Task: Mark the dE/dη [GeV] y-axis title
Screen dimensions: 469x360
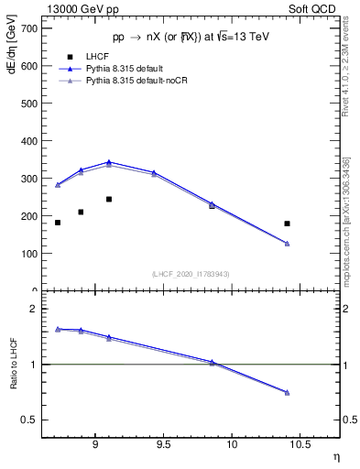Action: point(10,56)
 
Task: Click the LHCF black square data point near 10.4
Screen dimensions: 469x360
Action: point(287,224)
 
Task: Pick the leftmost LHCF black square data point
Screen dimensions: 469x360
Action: point(58,223)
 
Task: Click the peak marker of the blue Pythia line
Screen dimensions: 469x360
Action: point(109,161)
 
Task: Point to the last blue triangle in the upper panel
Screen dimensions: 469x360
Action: point(287,243)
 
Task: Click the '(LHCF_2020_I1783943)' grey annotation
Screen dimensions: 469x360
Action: point(191,274)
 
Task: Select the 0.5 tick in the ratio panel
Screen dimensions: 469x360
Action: point(32,420)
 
